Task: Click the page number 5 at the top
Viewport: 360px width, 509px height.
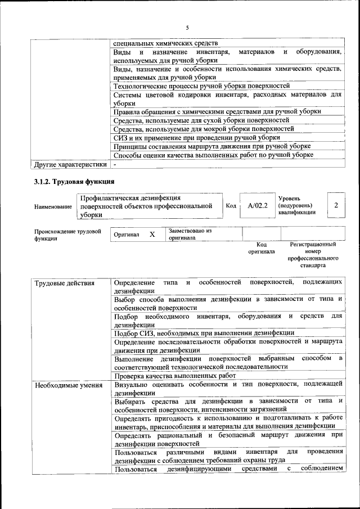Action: click(187, 28)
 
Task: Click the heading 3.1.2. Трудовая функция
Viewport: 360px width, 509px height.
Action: click(74, 182)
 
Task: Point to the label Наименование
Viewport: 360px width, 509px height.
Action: click(52, 206)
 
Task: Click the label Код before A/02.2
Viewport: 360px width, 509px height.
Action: click(231, 206)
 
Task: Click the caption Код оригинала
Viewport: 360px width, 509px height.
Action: click(262, 248)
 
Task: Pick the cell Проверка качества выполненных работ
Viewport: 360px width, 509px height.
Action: click(174, 375)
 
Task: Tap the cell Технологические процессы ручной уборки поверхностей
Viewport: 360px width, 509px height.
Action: click(201, 86)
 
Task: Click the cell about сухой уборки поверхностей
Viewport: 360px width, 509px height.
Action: click(201, 120)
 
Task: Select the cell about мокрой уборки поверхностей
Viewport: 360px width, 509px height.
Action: click(204, 129)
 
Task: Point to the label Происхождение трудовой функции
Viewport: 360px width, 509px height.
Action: click(67, 235)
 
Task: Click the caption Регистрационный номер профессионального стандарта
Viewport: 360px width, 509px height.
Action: click(313, 254)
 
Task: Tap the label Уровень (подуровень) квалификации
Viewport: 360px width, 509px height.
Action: click(297, 206)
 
